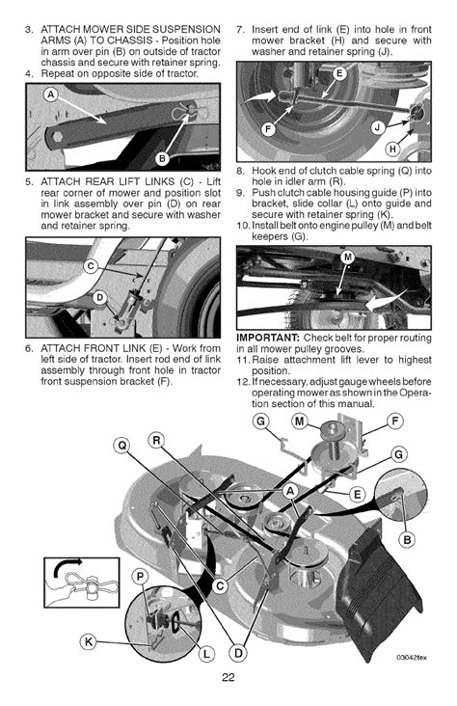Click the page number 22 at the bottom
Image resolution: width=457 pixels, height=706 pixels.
(228, 676)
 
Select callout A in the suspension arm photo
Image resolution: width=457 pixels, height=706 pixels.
(45, 93)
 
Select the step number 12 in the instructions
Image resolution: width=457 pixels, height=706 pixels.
(244, 382)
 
